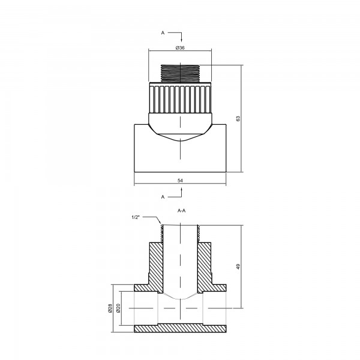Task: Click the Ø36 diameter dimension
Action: click(179, 47)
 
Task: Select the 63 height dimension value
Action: click(238, 119)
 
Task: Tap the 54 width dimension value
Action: click(180, 180)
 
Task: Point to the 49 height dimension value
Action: click(238, 266)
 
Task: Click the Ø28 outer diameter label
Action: click(110, 308)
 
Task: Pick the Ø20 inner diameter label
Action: click(118, 308)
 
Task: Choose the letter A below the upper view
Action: click(163, 196)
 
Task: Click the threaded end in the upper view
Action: click(180, 73)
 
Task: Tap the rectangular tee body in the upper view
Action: click(180, 156)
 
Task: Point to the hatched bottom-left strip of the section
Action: click(147, 329)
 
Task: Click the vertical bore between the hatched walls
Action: click(180, 258)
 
